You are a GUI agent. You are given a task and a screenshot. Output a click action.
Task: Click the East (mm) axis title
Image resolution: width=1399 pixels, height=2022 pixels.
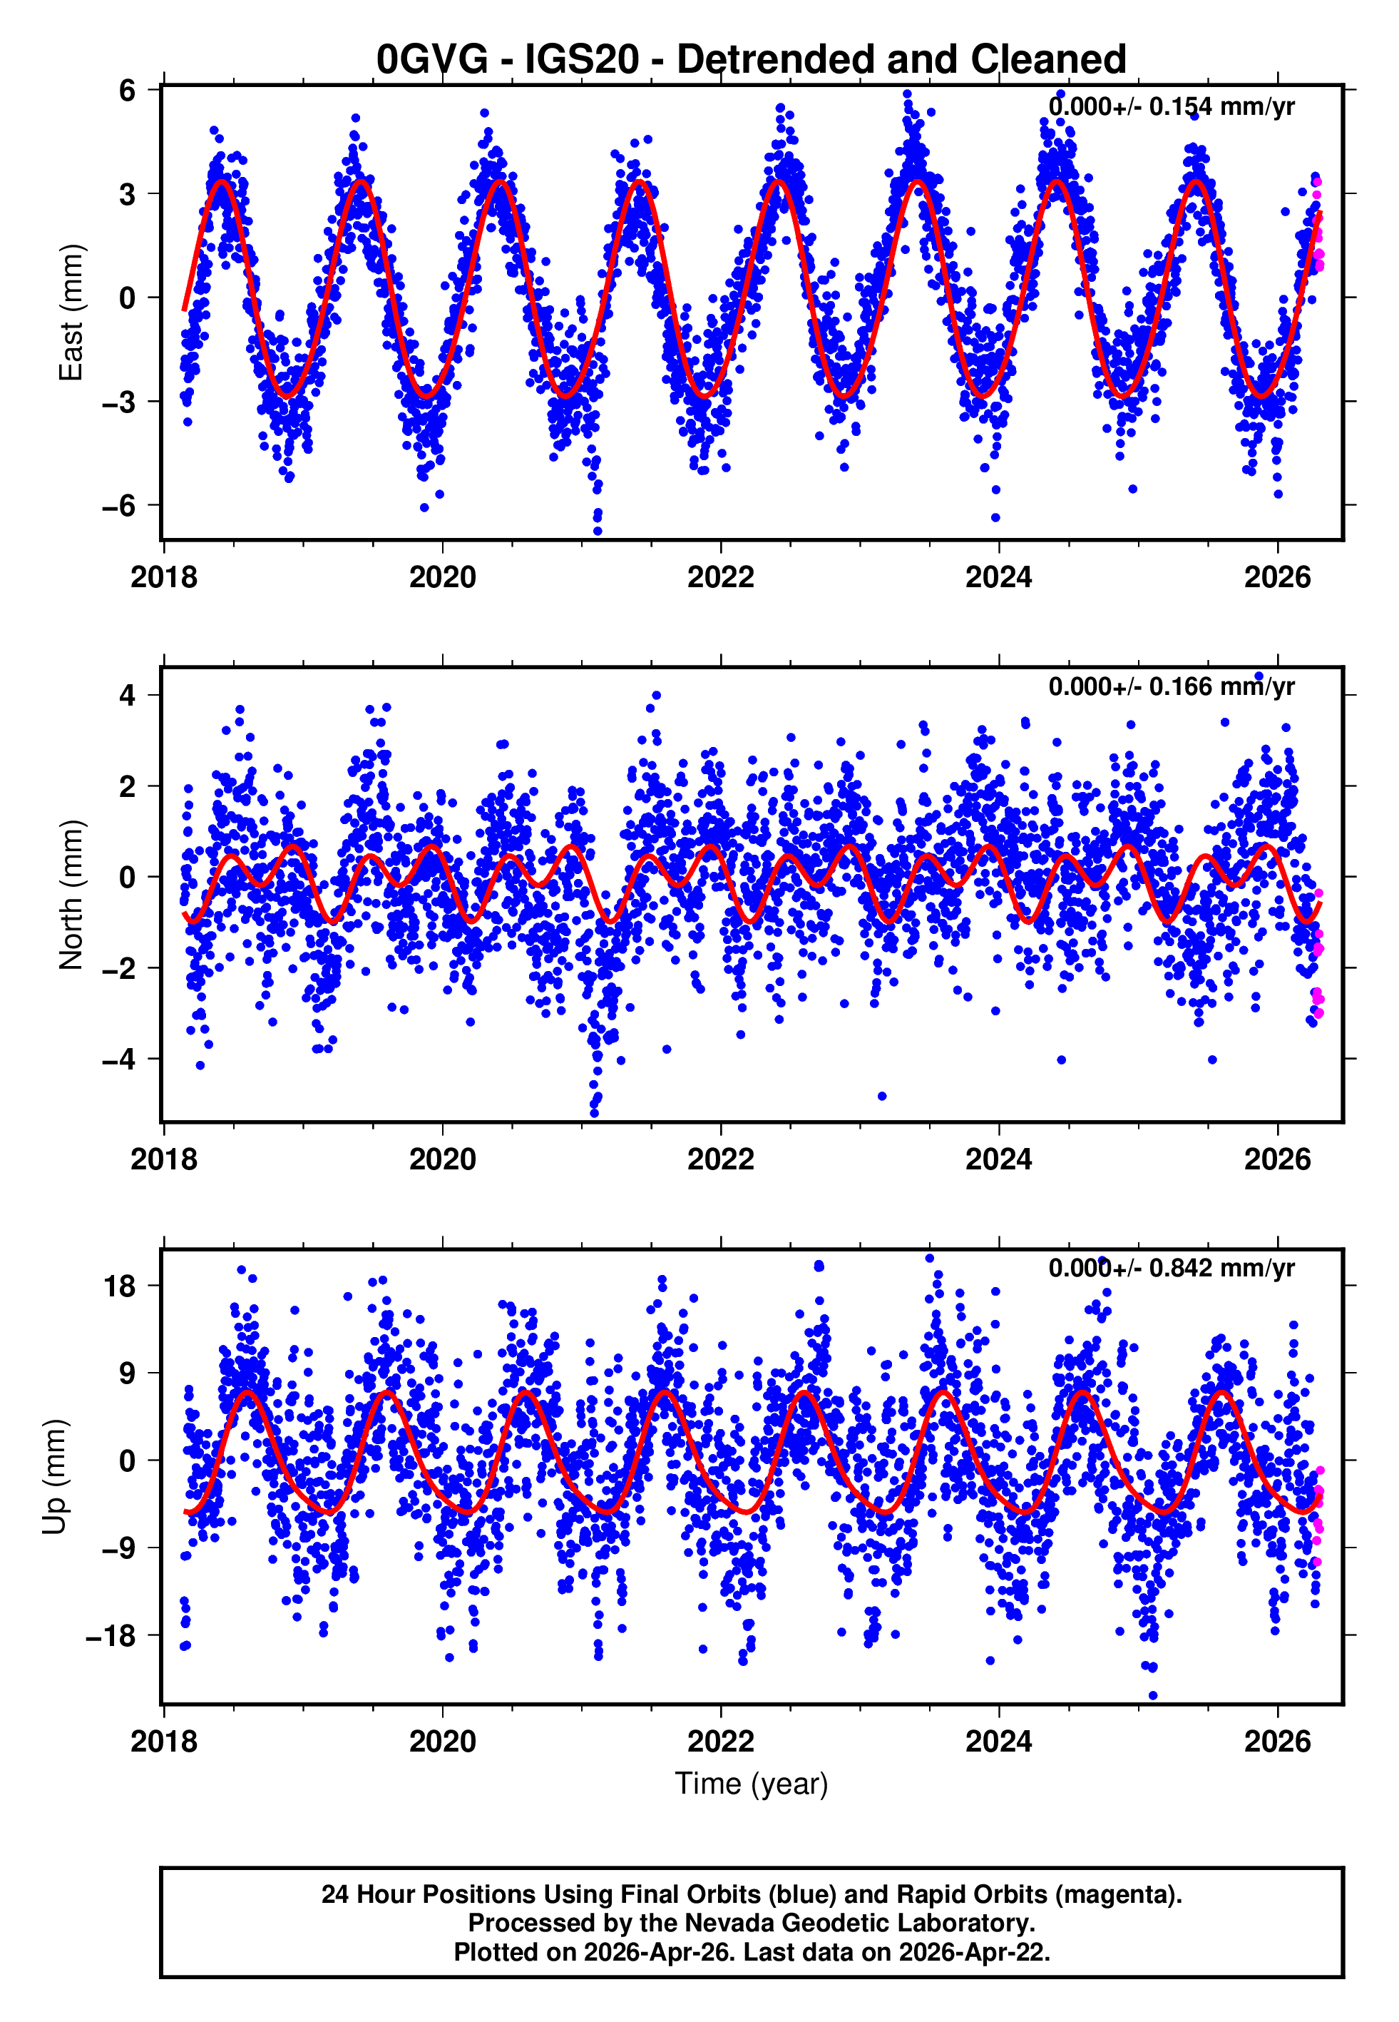click(71, 313)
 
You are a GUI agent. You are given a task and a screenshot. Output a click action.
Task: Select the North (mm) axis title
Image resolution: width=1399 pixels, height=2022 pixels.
click(71, 895)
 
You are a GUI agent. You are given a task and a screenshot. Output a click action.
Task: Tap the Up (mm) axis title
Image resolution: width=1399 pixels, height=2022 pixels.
click(54, 1477)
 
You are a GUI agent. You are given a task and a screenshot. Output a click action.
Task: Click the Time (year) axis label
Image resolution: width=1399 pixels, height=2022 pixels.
click(752, 1784)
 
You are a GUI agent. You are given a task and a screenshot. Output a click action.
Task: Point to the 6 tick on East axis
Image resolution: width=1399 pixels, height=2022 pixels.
click(128, 89)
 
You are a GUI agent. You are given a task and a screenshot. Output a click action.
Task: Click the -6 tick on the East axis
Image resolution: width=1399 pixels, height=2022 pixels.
click(119, 505)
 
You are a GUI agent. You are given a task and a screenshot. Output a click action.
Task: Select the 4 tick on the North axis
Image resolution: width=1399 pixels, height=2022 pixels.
click(128, 696)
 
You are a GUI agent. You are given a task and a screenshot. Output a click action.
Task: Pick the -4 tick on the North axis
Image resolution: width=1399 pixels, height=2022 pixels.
click(119, 1060)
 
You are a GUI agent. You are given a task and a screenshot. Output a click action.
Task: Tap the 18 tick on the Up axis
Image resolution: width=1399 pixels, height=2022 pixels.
click(119, 1286)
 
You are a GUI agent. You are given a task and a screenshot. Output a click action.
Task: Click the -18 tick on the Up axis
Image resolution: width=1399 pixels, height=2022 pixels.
click(111, 1636)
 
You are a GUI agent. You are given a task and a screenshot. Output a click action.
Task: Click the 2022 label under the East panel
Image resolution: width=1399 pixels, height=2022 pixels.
click(721, 578)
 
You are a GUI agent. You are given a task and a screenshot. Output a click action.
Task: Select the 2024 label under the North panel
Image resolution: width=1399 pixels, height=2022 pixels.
click(998, 1160)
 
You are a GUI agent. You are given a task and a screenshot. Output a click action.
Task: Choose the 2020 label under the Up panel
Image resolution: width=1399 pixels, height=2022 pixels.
click(443, 1742)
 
